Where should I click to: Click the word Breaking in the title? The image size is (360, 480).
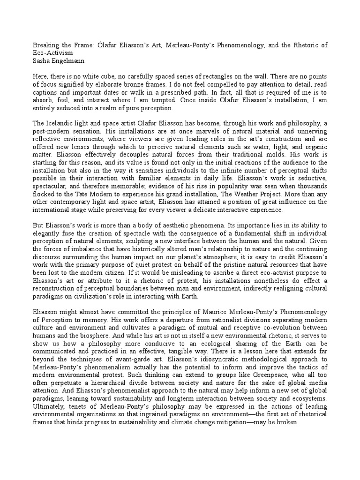point(44,45)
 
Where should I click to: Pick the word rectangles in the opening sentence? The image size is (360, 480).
point(229,76)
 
